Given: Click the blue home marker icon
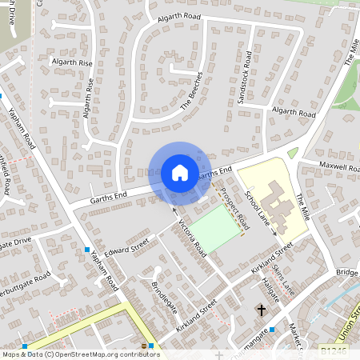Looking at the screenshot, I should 180,172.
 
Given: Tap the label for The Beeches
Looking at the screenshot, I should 192,90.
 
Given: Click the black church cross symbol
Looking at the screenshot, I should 261,309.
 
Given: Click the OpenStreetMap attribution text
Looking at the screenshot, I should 80,354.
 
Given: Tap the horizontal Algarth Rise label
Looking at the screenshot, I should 73,62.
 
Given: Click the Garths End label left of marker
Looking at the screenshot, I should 109,194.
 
